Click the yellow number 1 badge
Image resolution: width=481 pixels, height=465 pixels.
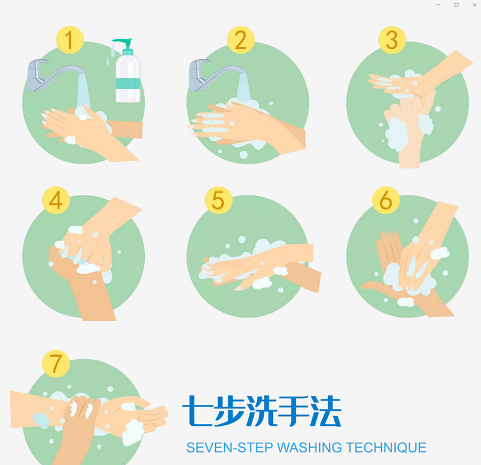point(70,40)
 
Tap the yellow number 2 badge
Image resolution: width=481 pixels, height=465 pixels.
point(241,40)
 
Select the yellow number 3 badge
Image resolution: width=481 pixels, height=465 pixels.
point(392,40)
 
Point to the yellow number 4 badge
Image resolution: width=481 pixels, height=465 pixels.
point(56,200)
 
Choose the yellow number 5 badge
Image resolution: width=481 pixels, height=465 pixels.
point(218,200)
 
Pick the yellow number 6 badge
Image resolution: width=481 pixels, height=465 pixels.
point(386,200)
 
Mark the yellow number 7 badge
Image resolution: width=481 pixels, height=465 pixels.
point(56,364)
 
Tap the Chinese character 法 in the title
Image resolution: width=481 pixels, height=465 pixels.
point(325,411)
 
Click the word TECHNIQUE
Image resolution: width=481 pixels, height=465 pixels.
point(386,448)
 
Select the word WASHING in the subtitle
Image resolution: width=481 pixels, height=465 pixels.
point(309,448)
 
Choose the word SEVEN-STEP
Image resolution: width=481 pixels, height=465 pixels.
point(230,448)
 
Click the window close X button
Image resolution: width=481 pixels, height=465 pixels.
point(474,5)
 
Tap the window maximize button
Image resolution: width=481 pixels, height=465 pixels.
point(456,5)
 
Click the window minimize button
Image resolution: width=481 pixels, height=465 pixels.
point(438,5)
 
